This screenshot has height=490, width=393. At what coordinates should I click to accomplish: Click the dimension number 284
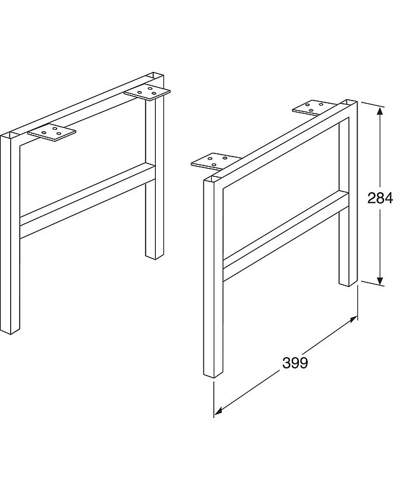pyautogui.click(x=380, y=197)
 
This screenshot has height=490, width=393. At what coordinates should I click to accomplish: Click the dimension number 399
pyautogui.click(x=294, y=363)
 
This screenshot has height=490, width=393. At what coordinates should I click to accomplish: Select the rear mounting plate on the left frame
pyautogui.click(x=148, y=92)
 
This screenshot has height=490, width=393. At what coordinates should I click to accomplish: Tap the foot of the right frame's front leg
pyautogui.click(x=213, y=375)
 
